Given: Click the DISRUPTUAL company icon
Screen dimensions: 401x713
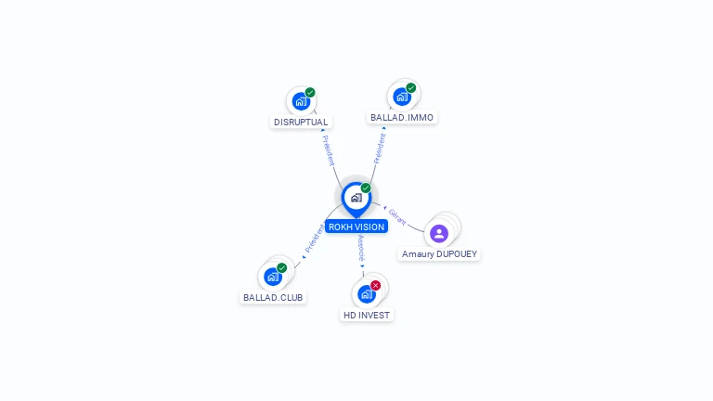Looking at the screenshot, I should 300,101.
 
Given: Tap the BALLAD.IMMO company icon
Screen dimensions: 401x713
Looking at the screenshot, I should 401,96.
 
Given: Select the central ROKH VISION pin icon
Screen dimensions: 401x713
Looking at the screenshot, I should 356,198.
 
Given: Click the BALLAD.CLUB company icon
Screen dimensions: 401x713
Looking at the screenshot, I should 272,277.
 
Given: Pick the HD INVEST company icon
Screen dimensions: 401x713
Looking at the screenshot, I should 366,294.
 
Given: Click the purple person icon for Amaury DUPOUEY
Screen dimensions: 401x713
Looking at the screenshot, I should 439,233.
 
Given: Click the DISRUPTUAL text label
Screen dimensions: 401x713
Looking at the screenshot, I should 301,122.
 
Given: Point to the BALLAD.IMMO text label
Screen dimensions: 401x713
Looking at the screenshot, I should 402,118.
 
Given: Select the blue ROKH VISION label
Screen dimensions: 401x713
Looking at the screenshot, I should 356,226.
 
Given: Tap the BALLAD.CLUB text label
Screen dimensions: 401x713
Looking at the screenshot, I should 273,297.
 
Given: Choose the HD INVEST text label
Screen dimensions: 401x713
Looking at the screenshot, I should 367,315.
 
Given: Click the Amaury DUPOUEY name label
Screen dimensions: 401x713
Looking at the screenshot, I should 440,253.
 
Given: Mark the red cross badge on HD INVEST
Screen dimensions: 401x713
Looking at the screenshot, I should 375,285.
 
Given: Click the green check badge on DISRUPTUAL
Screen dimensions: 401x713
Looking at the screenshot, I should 310,92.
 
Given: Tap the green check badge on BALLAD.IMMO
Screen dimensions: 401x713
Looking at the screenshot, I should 411,88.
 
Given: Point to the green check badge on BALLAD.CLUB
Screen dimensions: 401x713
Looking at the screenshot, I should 281,267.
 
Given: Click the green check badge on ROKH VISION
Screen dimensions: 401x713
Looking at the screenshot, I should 366,188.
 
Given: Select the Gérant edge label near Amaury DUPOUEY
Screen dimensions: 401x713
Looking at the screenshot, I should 397,216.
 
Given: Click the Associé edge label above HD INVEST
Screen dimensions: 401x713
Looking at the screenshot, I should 361,248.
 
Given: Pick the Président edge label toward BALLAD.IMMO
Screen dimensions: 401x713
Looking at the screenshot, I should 380,148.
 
